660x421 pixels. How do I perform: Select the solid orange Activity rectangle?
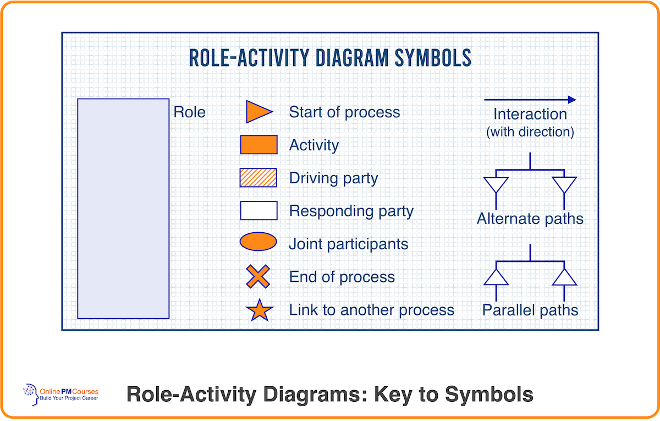coord(258,145)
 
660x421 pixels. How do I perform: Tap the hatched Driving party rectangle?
coord(258,178)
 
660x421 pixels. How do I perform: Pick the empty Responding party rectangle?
coord(258,211)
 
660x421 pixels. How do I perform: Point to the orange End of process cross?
coord(258,276)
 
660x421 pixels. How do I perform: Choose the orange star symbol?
coord(260,311)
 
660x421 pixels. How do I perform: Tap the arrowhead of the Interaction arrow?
coord(572,100)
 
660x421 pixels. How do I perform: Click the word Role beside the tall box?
coord(189,112)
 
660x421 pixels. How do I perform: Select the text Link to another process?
coord(372,310)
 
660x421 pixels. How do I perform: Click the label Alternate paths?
coord(530,219)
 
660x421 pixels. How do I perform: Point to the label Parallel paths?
coord(530,310)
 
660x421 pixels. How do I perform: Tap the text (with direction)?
coord(530,132)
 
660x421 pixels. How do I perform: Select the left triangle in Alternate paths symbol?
coord(495,184)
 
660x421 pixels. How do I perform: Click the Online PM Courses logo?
coord(61,394)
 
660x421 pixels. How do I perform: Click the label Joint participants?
coord(349,244)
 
